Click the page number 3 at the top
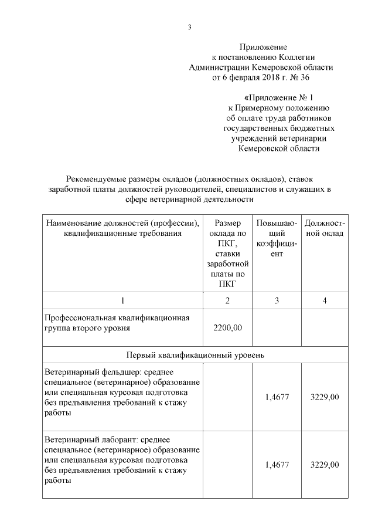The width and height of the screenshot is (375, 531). point(189,27)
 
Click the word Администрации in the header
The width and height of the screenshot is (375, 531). point(222,67)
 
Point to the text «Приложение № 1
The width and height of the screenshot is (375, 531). point(278,98)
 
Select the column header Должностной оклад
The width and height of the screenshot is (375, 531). point(325,228)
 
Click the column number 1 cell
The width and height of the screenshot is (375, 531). point(122,300)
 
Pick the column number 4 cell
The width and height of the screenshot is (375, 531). point(325,300)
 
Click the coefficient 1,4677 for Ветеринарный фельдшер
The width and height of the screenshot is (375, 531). point(277,397)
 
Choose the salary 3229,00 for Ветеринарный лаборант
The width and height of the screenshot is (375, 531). point(325,465)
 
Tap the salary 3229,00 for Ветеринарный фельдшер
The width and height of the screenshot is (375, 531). point(325,397)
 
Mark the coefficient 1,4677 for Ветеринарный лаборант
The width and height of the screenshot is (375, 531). point(277,465)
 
